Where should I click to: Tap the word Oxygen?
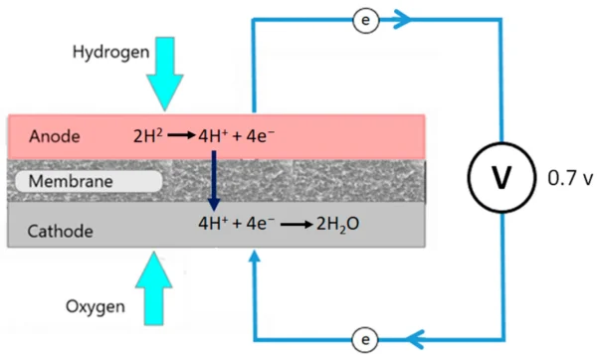tap(98, 305)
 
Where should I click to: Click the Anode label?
tap(53, 135)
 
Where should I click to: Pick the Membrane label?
tap(69, 182)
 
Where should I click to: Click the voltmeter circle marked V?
tap(501, 178)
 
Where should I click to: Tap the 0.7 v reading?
tap(570, 179)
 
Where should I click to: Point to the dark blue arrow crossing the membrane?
tap(213, 180)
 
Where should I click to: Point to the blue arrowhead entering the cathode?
tap(255, 258)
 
